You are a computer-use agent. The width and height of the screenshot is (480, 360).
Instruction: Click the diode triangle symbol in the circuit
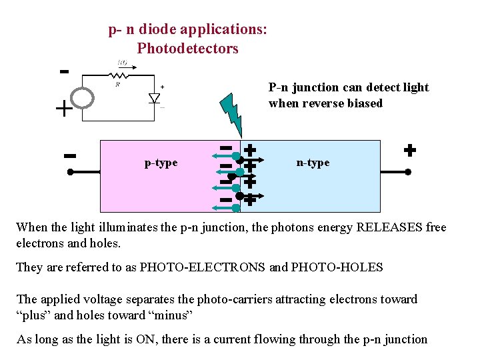pos(154,98)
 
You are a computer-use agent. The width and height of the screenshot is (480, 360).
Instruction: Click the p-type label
pos(161,163)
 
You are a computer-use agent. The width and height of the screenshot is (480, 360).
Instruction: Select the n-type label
pos(313,163)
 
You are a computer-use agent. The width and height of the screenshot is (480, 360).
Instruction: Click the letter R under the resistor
pos(118,85)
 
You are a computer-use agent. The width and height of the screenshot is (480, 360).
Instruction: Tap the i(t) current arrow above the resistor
pos(123,64)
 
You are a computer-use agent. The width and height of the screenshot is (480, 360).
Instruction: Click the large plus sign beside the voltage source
pos(64,109)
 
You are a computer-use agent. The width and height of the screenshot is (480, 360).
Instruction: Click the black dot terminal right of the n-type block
pos(408,171)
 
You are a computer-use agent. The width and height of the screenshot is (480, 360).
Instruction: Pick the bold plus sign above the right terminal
pos(409,150)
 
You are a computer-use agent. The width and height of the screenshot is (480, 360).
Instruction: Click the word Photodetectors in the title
pos(187,49)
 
